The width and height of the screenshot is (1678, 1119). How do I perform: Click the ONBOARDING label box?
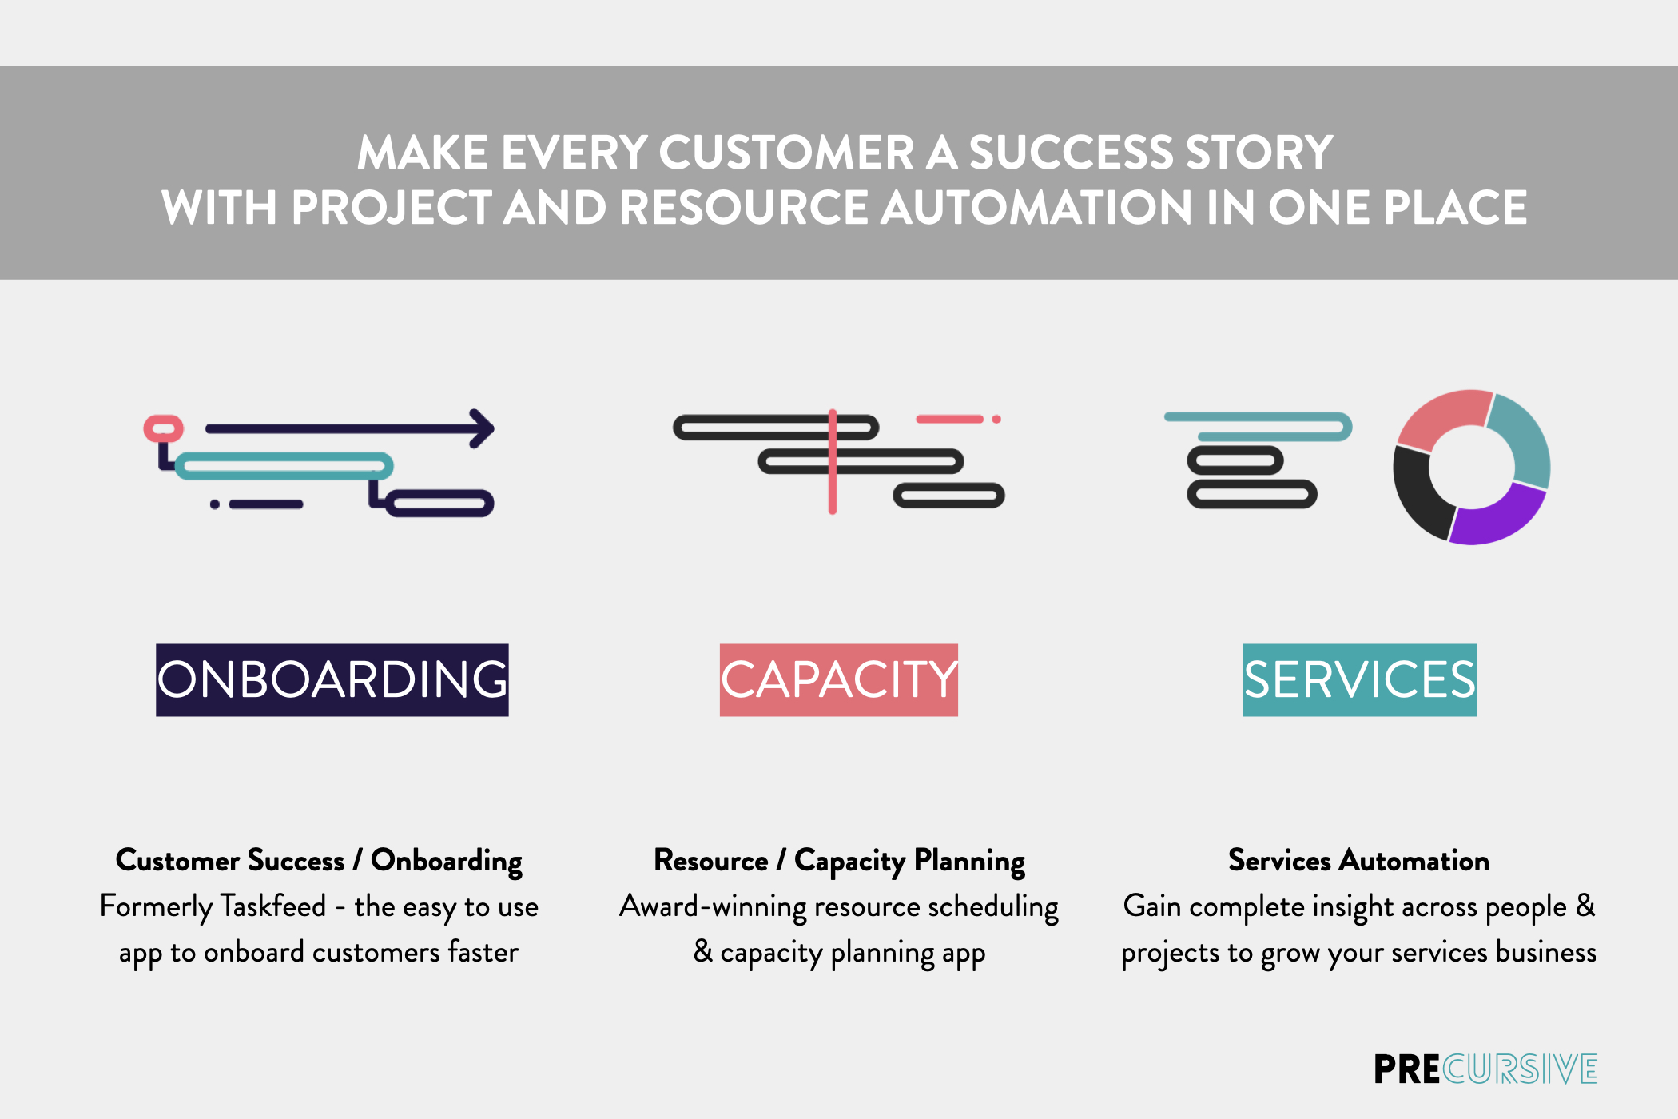pyautogui.click(x=332, y=679)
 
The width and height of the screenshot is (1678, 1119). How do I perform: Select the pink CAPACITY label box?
pyautogui.click(x=838, y=679)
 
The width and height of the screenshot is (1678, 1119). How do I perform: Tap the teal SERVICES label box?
pyautogui.click(x=1359, y=679)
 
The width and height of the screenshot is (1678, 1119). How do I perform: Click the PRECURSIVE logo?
pyautogui.click(x=1485, y=1069)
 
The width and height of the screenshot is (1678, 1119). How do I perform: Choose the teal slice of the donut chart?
pyautogui.click(x=1522, y=440)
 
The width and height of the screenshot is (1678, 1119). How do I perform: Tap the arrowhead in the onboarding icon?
pyautogui.click(x=482, y=429)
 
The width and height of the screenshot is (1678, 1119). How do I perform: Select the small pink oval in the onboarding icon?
pyautogui.click(x=164, y=428)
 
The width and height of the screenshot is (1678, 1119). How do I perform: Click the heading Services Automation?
pyautogui.click(x=1358, y=861)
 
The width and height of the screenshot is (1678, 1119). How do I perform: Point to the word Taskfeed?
pyautogui.click(x=272, y=906)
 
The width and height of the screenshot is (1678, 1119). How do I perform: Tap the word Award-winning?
pyautogui.click(x=713, y=906)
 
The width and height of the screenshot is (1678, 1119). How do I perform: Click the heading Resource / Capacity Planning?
pyautogui.click(x=839, y=861)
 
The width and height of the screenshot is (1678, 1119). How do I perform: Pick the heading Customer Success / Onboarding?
pyautogui.click(x=319, y=861)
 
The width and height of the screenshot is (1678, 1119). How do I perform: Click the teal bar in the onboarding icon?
pyautogui.click(x=284, y=465)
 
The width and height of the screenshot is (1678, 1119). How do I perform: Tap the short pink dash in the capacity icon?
pyautogui.click(x=949, y=419)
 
